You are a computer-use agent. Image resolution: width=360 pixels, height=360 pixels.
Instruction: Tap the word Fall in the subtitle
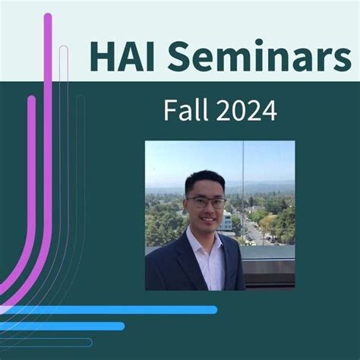[x=185, y=110]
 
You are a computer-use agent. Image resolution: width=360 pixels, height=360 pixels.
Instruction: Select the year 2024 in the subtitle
[x=245, y=110]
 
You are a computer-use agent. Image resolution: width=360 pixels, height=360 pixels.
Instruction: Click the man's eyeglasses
[x=207, y=203]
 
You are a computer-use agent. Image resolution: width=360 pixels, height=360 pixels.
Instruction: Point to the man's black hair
[x=204, y=181]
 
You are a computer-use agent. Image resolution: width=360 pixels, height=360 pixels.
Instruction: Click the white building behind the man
[x=227, y=220]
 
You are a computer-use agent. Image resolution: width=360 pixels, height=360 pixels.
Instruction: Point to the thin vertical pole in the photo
[x=243, y=182]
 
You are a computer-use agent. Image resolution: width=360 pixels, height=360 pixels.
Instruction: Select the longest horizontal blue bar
[x=114, y=310]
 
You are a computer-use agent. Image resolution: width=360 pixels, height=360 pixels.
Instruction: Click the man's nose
[x=207, y=211]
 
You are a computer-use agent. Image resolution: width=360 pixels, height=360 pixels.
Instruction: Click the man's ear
[x=185, y=207]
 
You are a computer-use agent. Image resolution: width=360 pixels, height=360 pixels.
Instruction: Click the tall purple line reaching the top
[x=48, y=114]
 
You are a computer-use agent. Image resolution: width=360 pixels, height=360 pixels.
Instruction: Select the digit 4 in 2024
[x=269, y=110]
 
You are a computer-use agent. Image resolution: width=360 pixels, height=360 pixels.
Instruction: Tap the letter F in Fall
[x=170, y=110]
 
